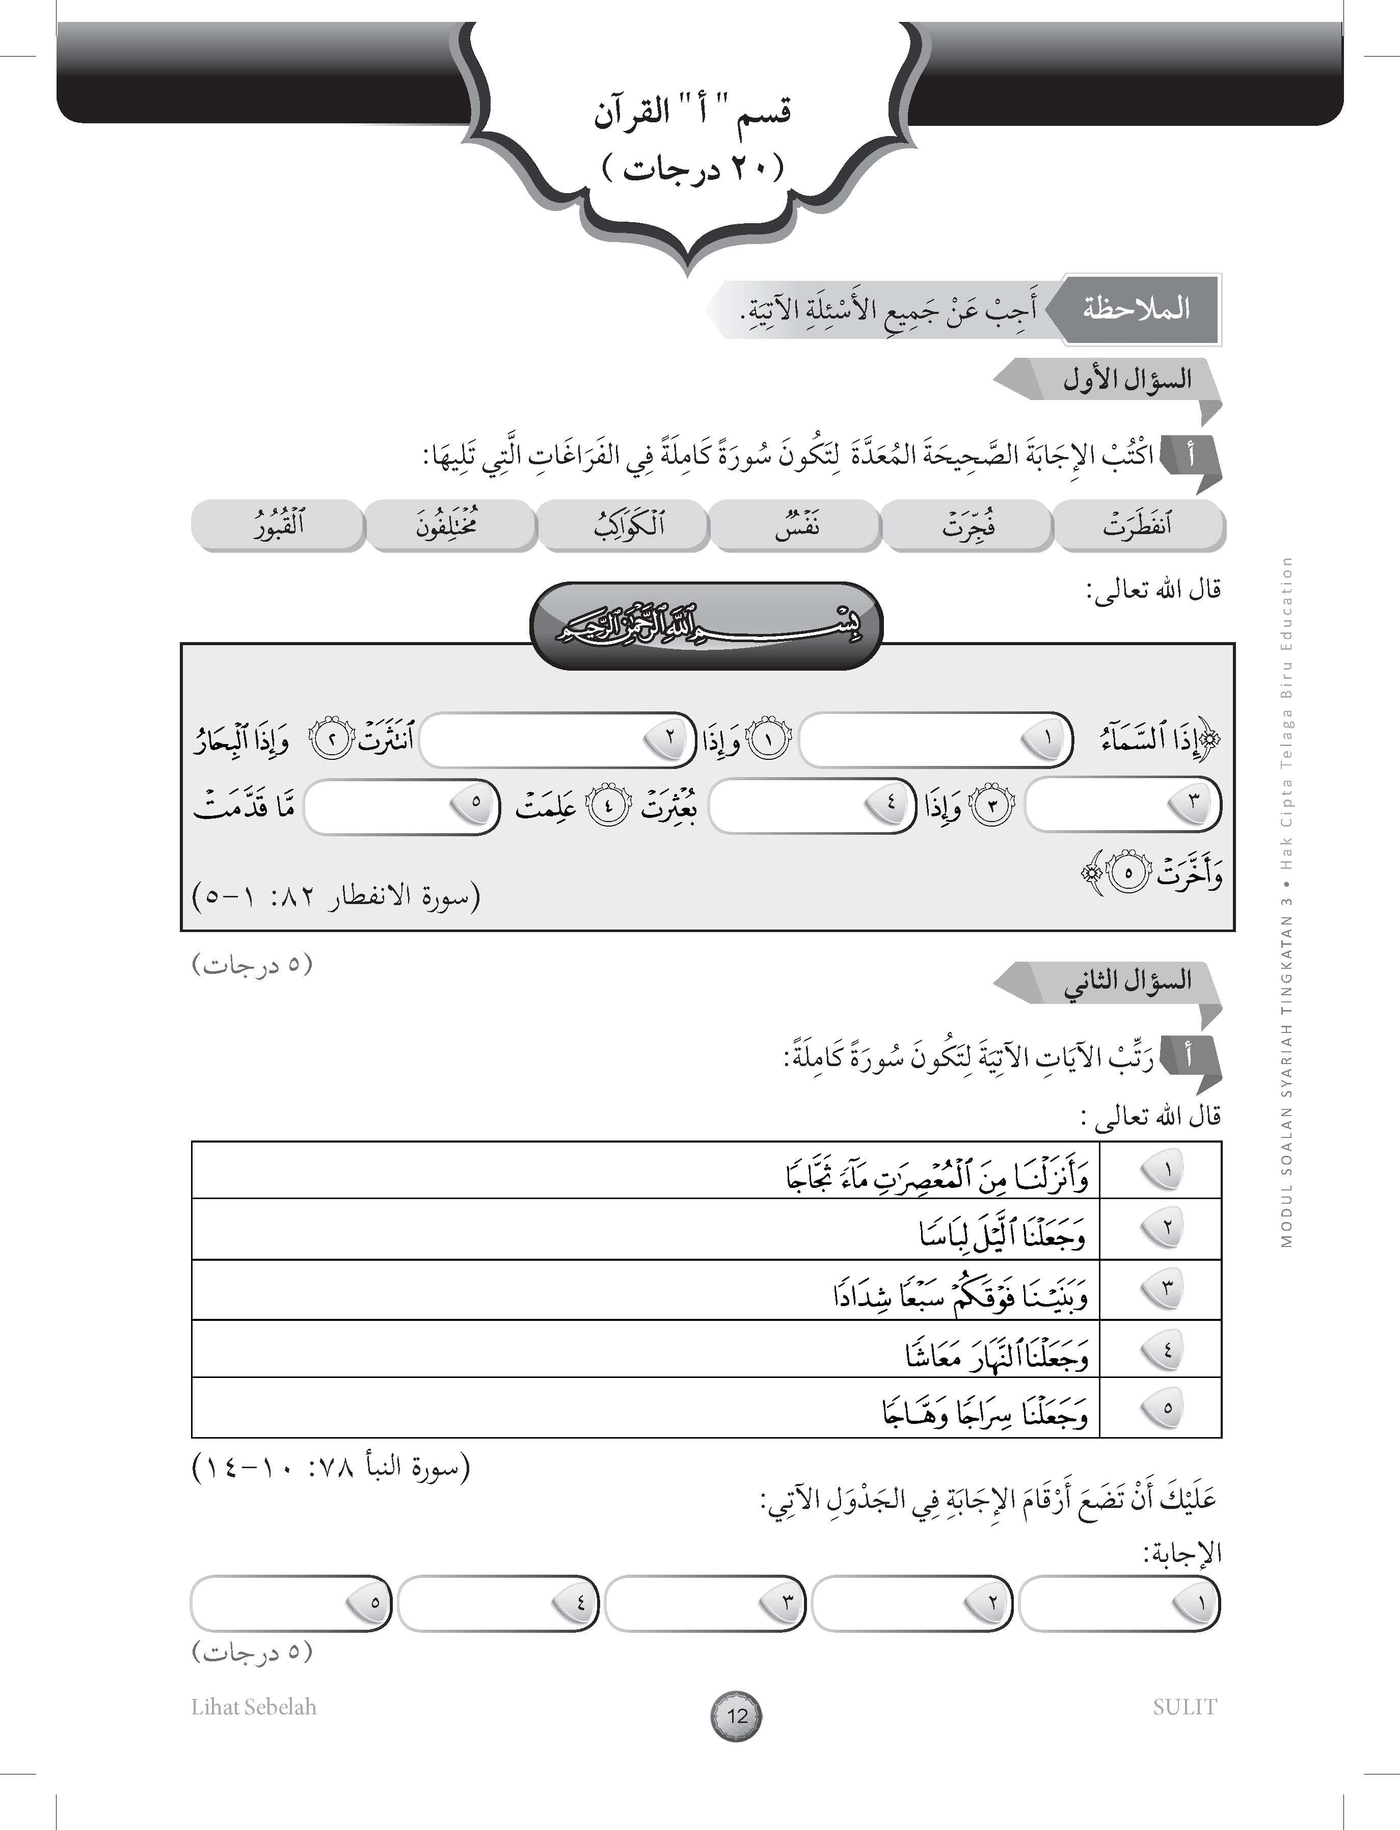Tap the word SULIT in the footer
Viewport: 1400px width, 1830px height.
(x=1184, y=1707)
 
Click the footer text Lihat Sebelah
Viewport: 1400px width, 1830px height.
(x=253, y=1707)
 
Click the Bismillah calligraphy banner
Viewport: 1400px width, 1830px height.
(x=707, y=625)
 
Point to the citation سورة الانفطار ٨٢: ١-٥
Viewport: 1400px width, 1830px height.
(x=337, y=897)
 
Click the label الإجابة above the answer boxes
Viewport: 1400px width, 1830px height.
(x=1181, y=1552)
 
